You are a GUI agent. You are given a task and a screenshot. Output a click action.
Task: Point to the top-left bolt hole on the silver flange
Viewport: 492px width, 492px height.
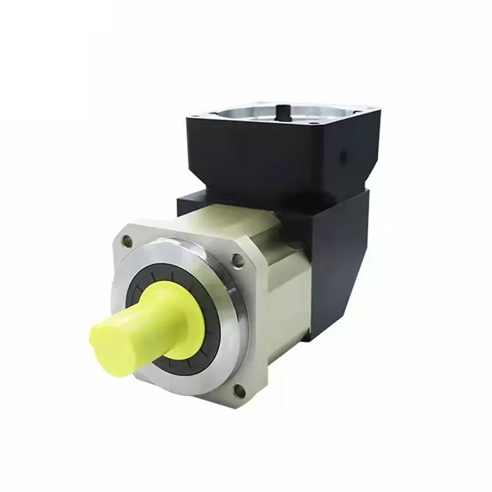[x=127, y=242]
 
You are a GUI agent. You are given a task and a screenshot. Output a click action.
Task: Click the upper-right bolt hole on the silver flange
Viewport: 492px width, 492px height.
[x=237, y=260]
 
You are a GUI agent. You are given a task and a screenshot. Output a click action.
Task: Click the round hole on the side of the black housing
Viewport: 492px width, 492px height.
[x=342, y=157]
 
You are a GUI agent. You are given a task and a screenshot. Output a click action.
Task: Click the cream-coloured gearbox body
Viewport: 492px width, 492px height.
[x=289, y=271]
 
